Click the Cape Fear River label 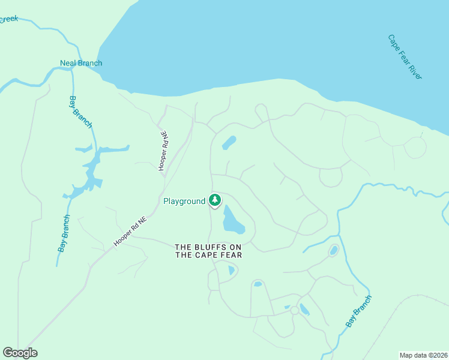pos(405,56)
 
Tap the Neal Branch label pos(81,63)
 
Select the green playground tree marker pos(214,200)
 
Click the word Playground pos(184,202)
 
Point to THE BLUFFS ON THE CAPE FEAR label pos(208,251)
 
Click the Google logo pos(20,353)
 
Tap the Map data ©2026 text pos(423,355)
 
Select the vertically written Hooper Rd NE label pos(162,151)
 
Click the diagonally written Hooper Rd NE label pos(130,230)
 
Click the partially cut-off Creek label pos(8,19)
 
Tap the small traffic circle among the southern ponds pos(294,310)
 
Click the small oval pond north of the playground pos(229,143)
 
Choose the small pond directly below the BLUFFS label pos(232,271)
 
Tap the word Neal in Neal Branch pos(68,63)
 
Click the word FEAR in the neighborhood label pos(232,255)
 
